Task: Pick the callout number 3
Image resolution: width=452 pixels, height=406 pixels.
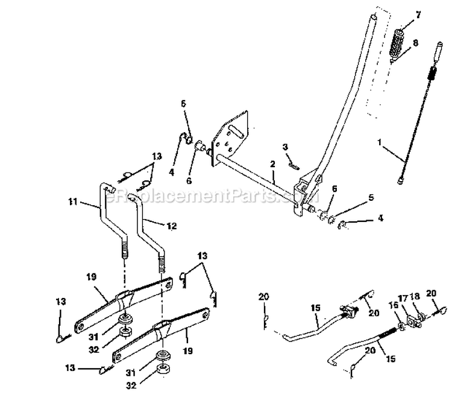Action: (x=285, y=147)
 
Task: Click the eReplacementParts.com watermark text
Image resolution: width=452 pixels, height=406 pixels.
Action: (x=205, y=197)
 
